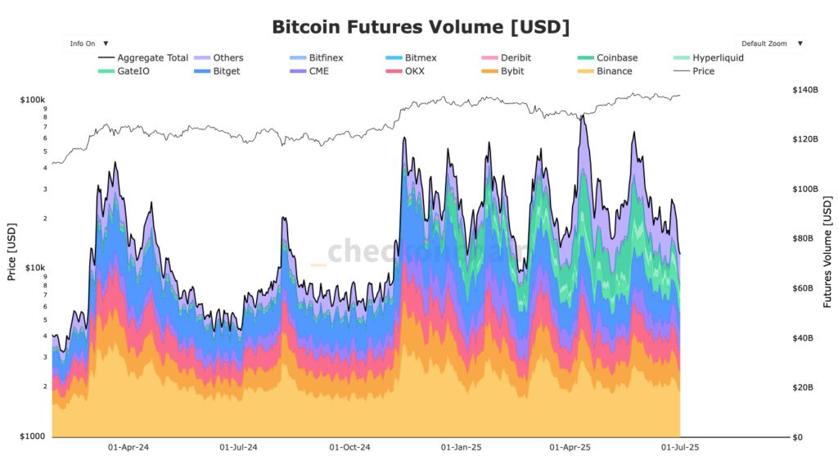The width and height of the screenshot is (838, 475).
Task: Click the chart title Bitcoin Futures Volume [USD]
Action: coord(420,26)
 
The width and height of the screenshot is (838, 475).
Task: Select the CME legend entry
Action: coord(318,71)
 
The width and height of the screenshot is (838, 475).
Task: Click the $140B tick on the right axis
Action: coord(806,89)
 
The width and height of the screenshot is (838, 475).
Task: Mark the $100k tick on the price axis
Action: coord(32,99)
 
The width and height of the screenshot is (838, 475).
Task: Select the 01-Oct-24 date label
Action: coord(349,448)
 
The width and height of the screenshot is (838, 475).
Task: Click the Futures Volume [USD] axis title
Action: coord(828,253)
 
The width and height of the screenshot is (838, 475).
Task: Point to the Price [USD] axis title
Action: coord(11,251)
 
